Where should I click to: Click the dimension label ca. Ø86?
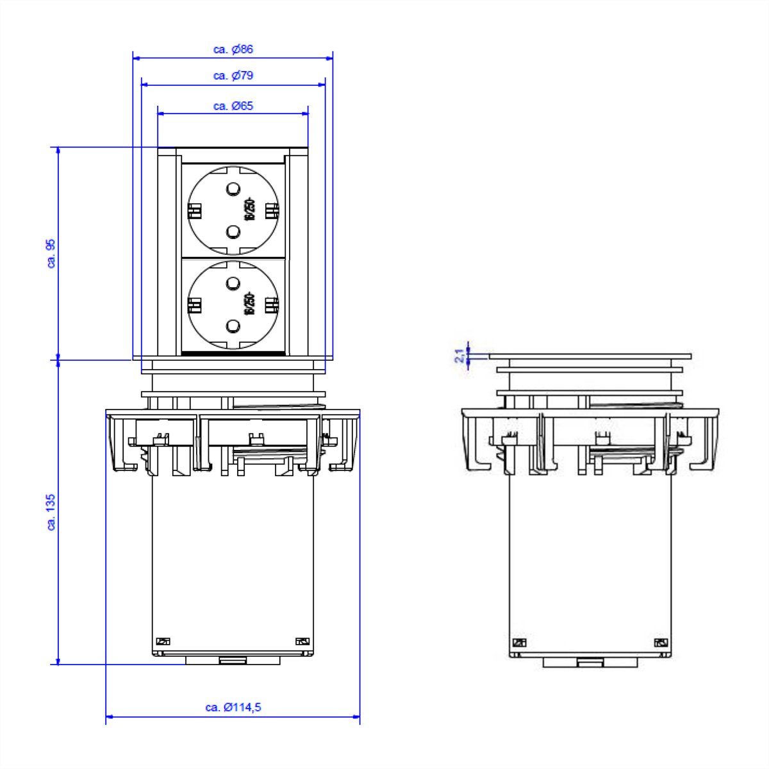(x=233, y=49)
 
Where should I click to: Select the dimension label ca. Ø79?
(x=233, y=76)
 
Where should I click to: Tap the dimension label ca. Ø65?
(x=233, y=106)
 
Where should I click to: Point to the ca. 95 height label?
(x=52, y=253)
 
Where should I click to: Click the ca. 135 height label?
(x=52, y=512)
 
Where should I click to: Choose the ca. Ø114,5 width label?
(x=233, y=707)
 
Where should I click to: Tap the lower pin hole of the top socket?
(x=233, y=231)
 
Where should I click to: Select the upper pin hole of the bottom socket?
(x=233, y=283)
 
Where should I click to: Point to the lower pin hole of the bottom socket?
(x=233, y=328)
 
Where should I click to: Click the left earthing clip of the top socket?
(x=194, y=210)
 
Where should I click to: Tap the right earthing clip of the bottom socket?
(x=272, y=305)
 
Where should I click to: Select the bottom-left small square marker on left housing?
(x=163, y=641)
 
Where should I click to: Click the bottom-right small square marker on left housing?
(x=302, y=641)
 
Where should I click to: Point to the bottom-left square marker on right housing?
(x=519, y=643)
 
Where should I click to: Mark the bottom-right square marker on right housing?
(x=660, y=643)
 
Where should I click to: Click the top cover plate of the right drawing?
(x=590, y=356)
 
